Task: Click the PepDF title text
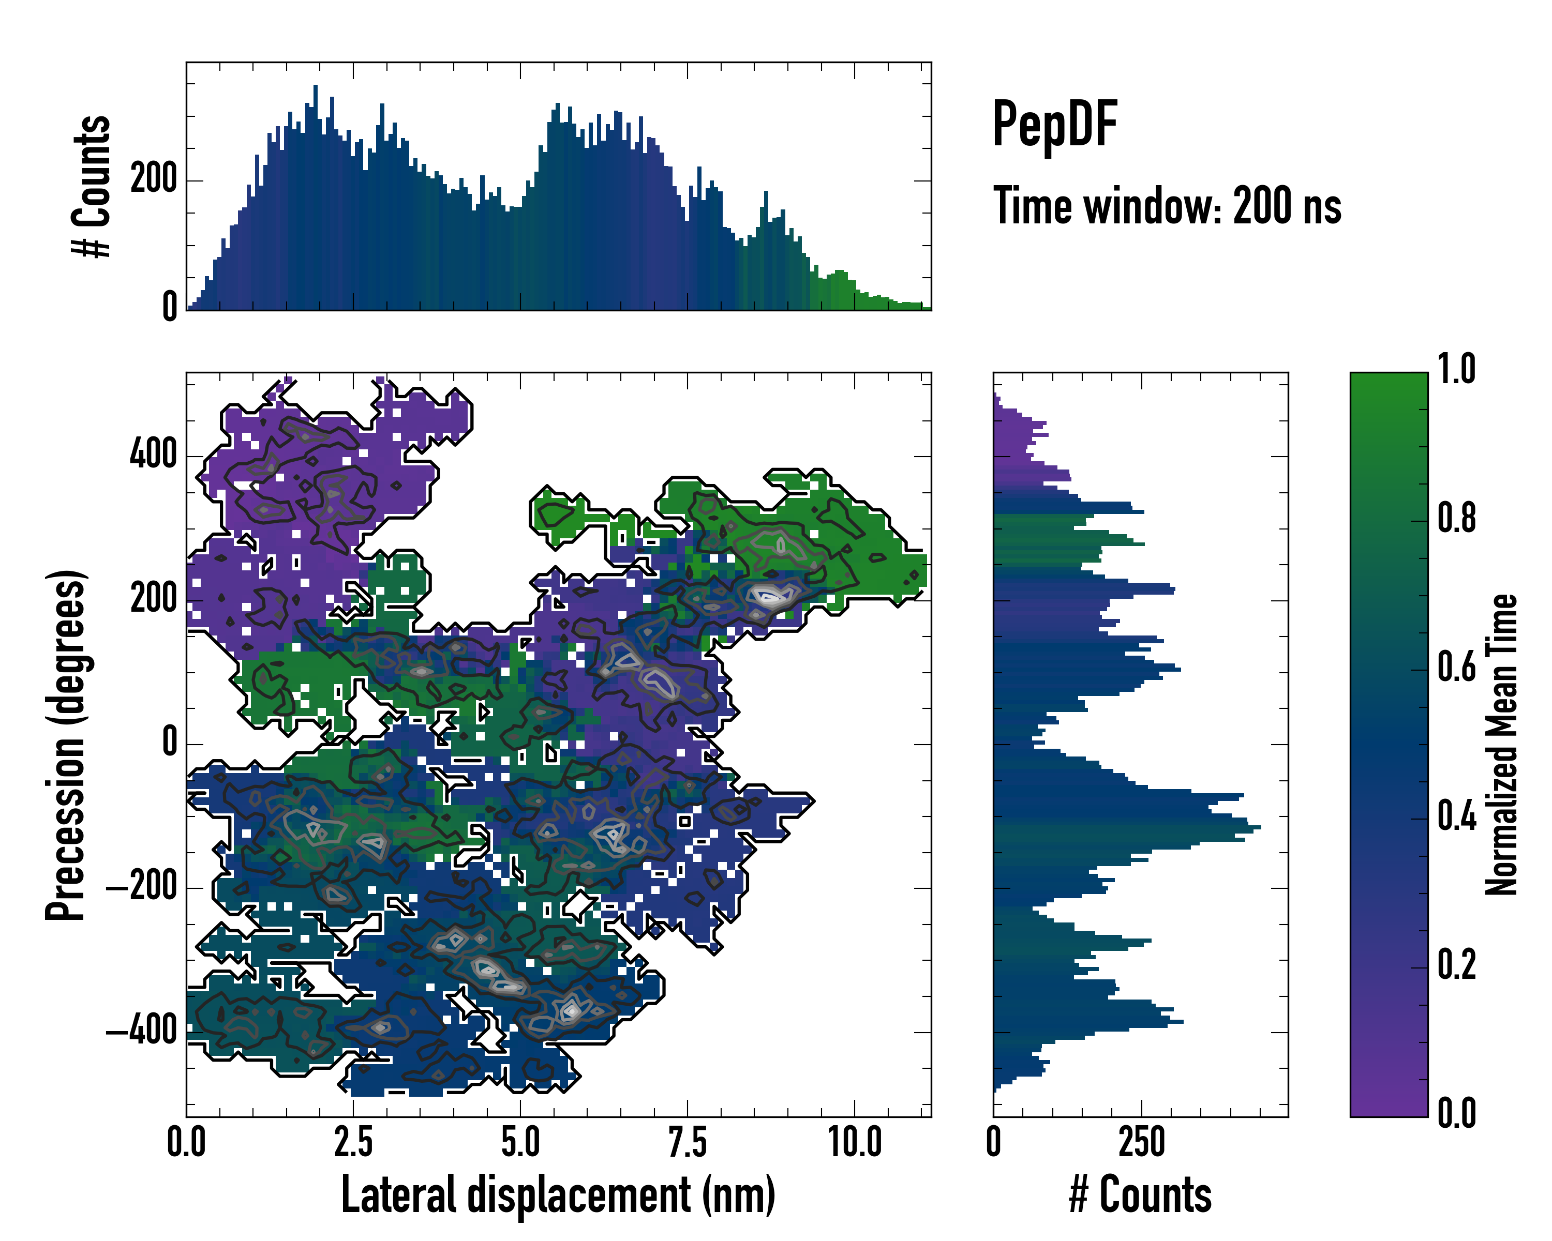point(1054,125)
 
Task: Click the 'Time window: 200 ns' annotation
point(1167,206)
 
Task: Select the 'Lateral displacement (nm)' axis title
point(558,1194)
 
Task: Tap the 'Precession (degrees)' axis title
point(66,745)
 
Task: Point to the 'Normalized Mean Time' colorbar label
point(1500,745)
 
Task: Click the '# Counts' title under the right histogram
point(1140,1194)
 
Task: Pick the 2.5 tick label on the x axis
point(353,1142)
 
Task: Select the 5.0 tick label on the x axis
point(520,1142)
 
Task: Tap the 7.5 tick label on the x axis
point(688,1142)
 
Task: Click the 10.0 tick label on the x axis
point(855,1142)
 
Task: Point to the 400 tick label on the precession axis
point(153,456)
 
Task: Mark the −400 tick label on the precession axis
point(142,1032)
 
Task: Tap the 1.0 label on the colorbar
point(1456,370)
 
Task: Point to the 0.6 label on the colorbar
point(1456,668)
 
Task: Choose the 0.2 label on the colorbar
point(1456,965)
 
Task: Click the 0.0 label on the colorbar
point(1456,1114)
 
